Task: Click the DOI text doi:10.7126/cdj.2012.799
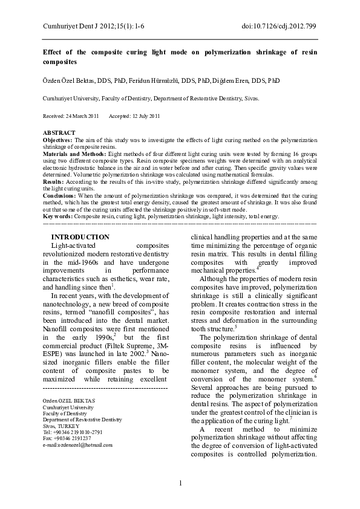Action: (x=278, y=26)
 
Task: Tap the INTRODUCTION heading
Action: (x=80, y=237)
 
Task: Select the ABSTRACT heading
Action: (x=59, y=132)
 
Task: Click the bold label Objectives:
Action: (x=57, y=139)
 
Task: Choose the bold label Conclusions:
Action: (x=59, y=196)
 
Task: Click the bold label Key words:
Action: (x=57, y=216)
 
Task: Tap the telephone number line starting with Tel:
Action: (x=73, y=432)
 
